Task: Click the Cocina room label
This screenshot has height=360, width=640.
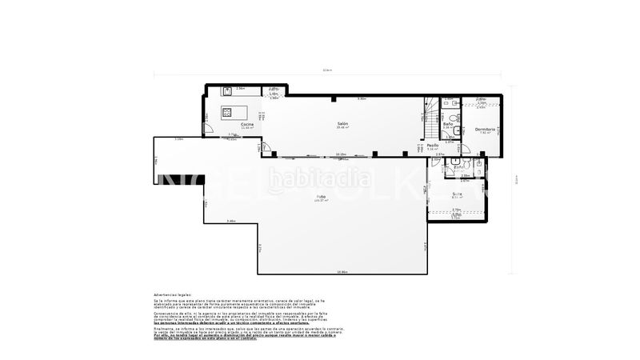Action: (247, 125)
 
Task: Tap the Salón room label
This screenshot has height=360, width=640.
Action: (342, 124)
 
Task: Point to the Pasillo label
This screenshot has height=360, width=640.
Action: (433, 146)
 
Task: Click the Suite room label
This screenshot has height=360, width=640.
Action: (457, 194)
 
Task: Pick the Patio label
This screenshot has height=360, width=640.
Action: (321, 196)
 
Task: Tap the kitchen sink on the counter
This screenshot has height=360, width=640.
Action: (226, 91)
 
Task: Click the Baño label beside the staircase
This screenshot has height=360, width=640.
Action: (449, 124)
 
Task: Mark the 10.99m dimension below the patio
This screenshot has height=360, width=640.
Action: (342, 272)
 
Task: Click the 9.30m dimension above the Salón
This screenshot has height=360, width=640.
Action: (362, 98)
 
